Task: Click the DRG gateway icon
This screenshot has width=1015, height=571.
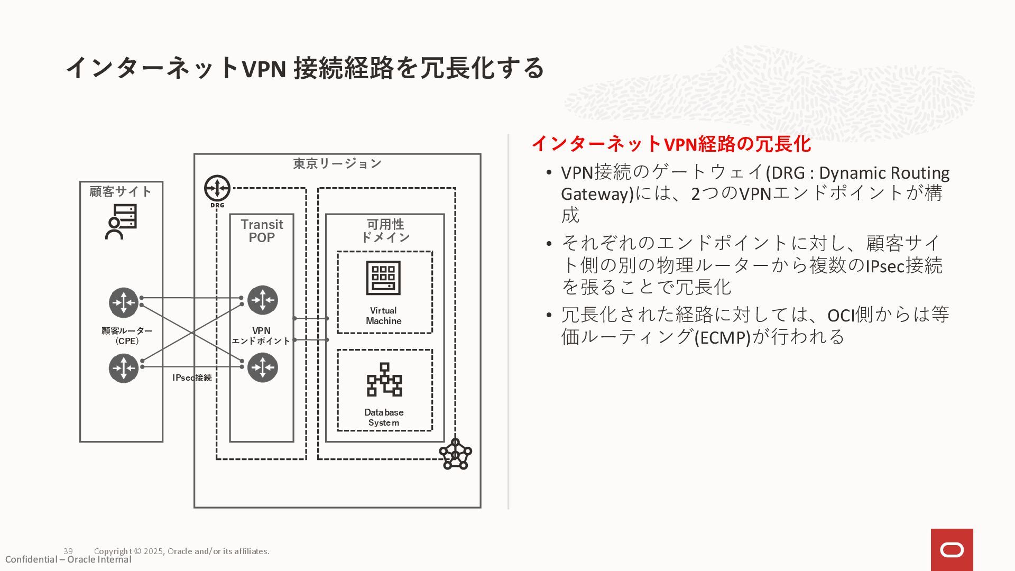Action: tap(217, 188)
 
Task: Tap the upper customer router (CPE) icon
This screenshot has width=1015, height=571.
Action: tap(124, 302)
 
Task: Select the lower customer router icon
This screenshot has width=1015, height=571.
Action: tap(124, 368)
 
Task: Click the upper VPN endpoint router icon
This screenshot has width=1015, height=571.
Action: tap(263, 300)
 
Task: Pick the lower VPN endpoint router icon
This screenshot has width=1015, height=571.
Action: tap(263, 367)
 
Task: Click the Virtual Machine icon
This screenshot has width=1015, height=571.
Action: tap(383, 278)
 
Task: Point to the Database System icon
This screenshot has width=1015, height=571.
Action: tap(384, 380)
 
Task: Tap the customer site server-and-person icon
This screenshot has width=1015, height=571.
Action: tap(121, 222)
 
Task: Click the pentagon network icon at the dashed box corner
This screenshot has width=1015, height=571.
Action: tap(455, 454)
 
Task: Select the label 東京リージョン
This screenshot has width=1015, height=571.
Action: tap(337, 164)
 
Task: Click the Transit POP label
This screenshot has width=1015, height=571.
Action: tap(262, 231)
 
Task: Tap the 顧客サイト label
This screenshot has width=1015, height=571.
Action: tap(121, 191)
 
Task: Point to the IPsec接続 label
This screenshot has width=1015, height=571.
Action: tap(192, 377)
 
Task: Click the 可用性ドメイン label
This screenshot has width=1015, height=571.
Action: tap(385, 231)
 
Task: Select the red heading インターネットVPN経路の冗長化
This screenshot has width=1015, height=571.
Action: tap(671, 144)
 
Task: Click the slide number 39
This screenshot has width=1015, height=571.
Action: tap(68, 551)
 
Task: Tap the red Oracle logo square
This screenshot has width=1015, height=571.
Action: tap(952, 550)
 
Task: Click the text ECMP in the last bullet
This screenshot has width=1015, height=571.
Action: tap(723, 337)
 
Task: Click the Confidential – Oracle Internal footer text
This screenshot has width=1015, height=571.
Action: tap(68, 560)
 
